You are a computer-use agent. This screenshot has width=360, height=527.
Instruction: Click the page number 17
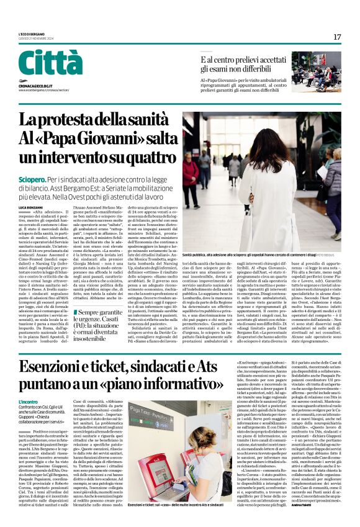(x=337, y=37)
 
